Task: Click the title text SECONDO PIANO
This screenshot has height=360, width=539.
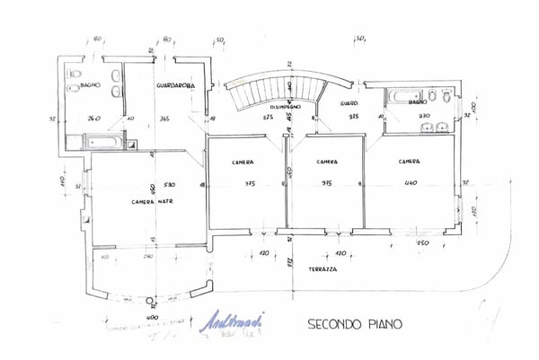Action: click(355, 322)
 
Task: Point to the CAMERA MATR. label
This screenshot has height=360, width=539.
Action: click(152, 201)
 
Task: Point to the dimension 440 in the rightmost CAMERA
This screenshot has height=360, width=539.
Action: click(411, 184)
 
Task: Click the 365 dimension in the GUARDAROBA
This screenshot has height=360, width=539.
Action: click(164, 118)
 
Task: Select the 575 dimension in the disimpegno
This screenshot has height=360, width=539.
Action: click(268, 118)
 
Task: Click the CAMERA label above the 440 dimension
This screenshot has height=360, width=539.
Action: click(410, 162)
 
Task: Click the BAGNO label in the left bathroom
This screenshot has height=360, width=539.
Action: click(89, 85)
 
